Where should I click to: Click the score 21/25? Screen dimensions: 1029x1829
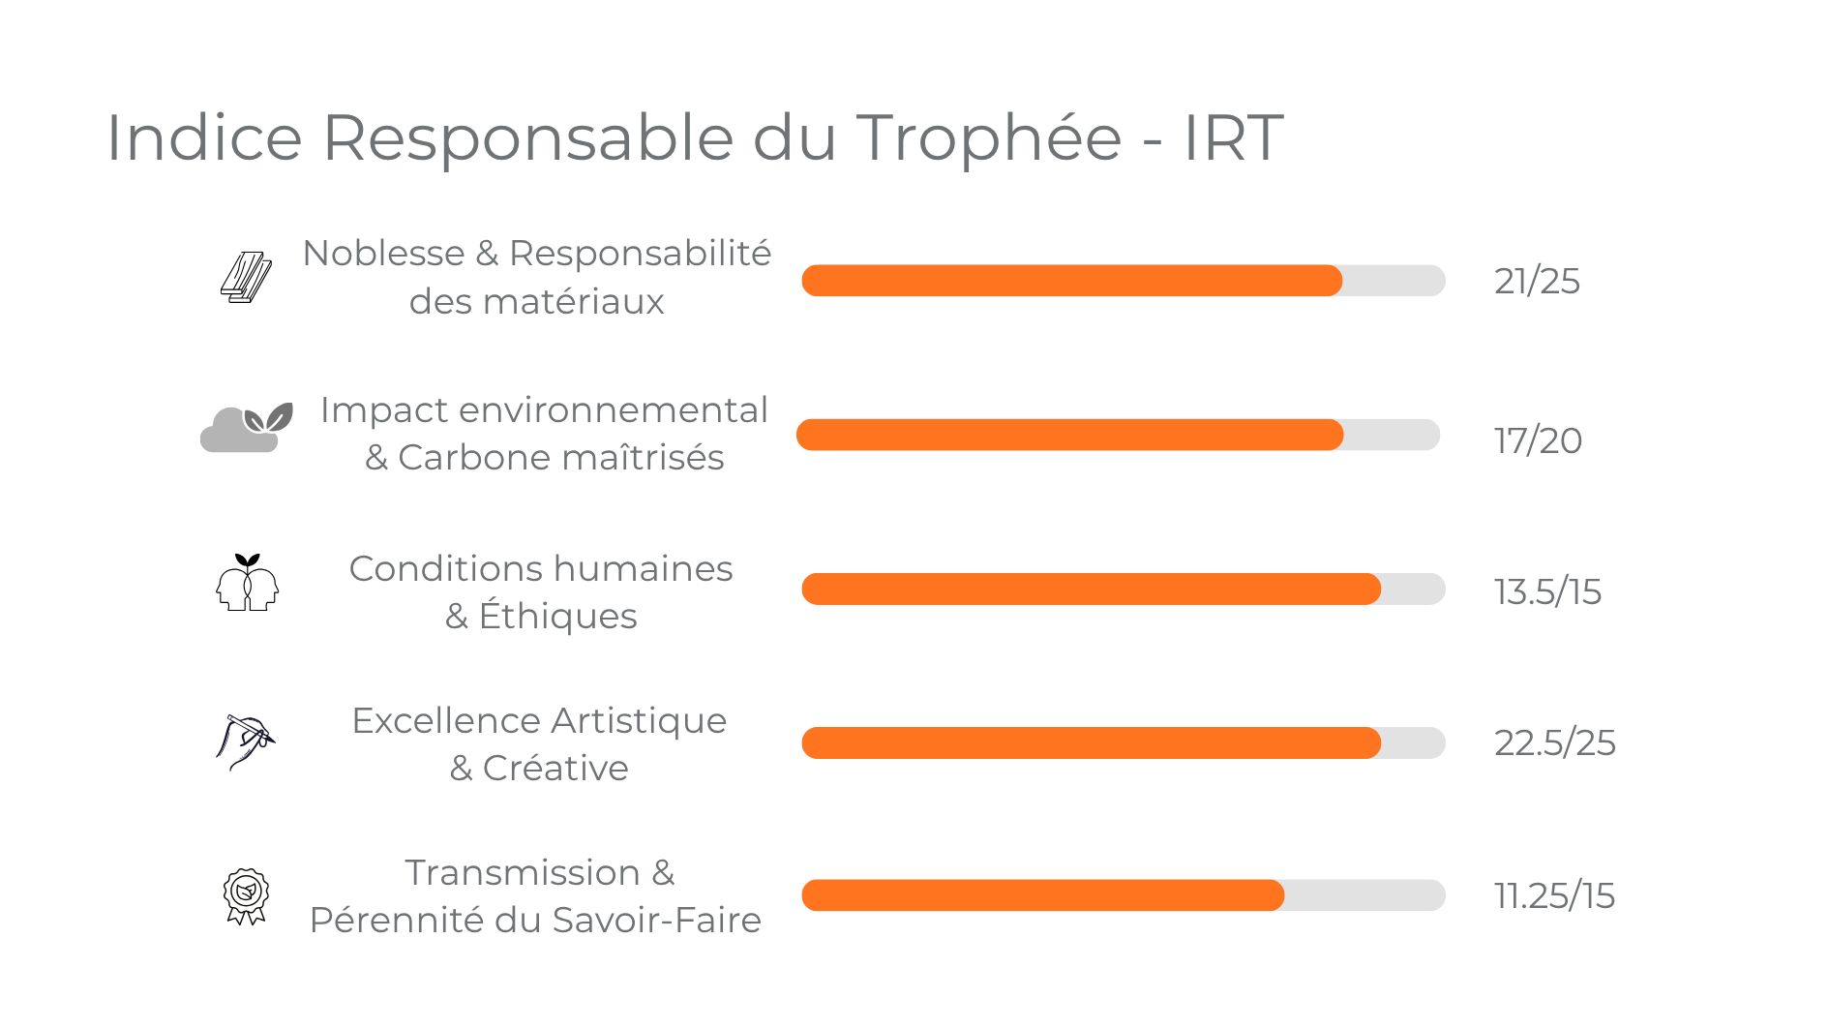[1537, 282]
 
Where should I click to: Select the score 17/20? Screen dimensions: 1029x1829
[1538, 440]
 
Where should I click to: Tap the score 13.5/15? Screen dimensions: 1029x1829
[1547, 591]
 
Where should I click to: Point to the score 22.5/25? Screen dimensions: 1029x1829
[1554, 743]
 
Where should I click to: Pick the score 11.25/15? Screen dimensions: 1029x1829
[1554, 896]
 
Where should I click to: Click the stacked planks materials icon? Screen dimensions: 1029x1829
[246, 279]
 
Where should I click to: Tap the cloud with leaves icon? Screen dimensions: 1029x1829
[246, 428]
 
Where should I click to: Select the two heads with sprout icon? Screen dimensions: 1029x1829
[247, 583]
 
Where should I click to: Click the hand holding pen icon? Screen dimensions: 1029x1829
[245, 741]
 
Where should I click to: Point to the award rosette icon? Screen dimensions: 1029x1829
[246, 895]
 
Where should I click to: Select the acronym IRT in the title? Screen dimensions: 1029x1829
[1234, 137]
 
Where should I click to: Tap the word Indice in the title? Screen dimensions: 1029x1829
[204, 137]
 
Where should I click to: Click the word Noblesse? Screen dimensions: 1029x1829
[383, 254]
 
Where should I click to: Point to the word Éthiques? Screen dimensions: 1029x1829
[557, 617]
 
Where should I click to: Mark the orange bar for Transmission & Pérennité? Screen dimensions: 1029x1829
[1042, 895]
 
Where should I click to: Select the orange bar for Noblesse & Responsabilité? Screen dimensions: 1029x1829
[1071, 281]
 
